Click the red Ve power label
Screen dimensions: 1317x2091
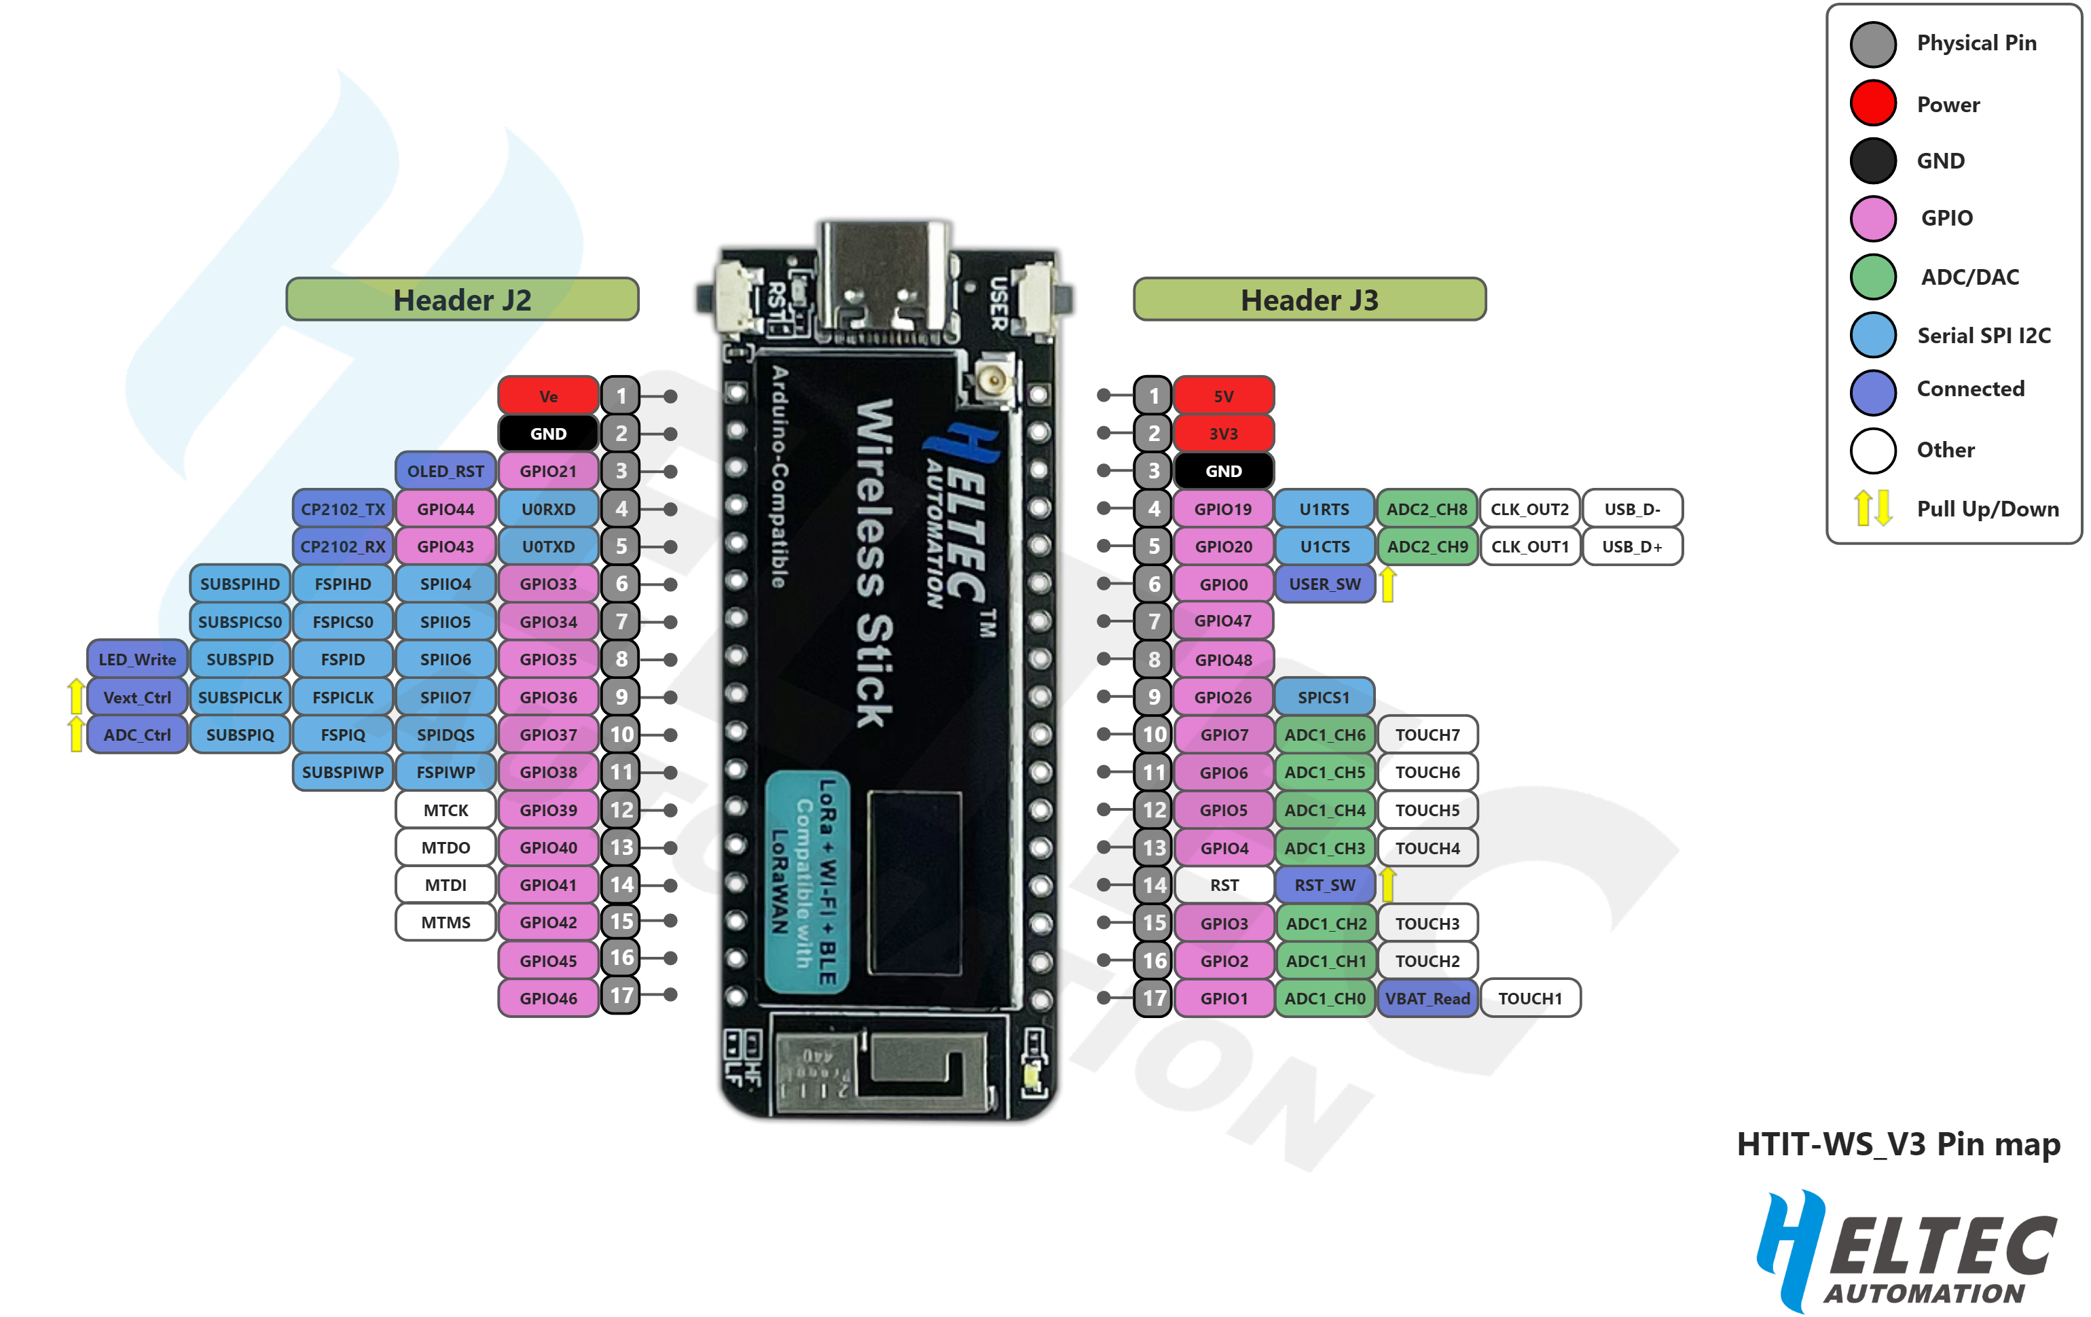coord(548,396)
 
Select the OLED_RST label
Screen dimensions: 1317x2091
coord(446,471)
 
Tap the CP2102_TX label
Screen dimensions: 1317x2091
coord(343,509)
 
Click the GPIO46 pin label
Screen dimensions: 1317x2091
coord(548,998)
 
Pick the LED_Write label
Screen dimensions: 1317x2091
coord(137,659)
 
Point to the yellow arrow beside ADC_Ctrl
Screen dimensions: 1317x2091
coord(77,734)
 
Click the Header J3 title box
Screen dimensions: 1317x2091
coord(1309,300)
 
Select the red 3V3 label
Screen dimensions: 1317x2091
coord(1224,434)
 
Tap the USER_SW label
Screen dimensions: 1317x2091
coord(1324,584)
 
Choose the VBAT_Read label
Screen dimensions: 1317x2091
coord(1427,998)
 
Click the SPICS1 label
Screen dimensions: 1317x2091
coord(1324,697)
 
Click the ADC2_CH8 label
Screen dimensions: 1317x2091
coord(1427,509)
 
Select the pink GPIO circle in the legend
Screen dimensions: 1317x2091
coord(1873,218)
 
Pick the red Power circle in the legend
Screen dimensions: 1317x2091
coord(1873,103)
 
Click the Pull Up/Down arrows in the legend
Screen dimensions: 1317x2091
coord(1873,508)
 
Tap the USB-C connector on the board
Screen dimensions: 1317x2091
coord(883,278)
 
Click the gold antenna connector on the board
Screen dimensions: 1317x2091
coord(989,380)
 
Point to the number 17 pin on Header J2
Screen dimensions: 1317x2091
coord(621,996)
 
